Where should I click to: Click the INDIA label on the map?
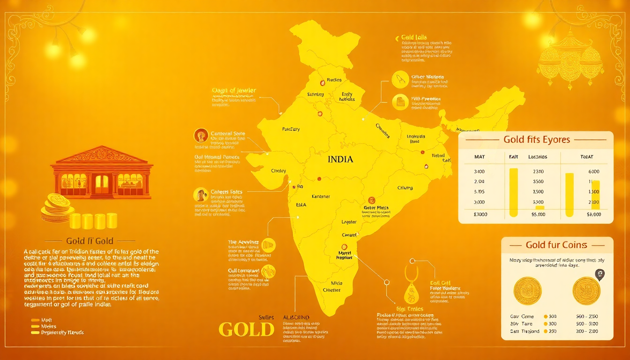(x=340, y=159)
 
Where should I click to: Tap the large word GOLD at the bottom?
(x=246, y=329)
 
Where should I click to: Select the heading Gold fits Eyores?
(x=536, y=140)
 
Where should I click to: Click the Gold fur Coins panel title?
(x=556, y=245)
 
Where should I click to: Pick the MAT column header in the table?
(x=480, y=157)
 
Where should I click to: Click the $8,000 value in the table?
(x=593, y=214)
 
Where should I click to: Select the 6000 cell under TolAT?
(x=593, y=172)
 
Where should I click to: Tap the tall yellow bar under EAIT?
(x=513, y=191)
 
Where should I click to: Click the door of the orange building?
(x=102, y=184)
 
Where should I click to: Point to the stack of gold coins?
(x=56, y=208)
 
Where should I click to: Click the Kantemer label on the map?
(x=321, y=196)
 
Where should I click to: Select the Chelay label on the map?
(x=278, y=171)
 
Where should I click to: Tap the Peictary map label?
(x=291, y=129)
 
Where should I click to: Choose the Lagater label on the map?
(x=349, y=222)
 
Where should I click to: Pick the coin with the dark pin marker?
(x=586, y=290)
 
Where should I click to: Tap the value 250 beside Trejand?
(x=552, y=331)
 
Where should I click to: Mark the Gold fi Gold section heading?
(x=90, y=241)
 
